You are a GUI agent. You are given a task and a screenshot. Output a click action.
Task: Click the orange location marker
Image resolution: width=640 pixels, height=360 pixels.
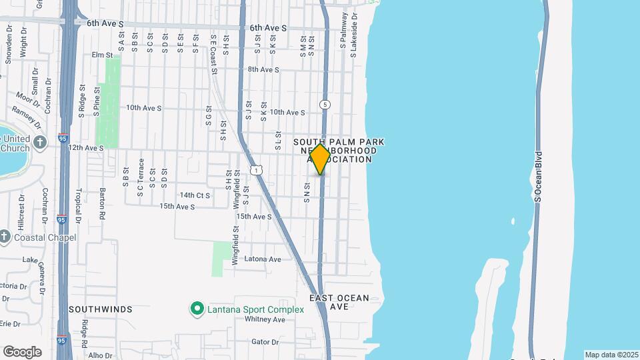click(321, 159)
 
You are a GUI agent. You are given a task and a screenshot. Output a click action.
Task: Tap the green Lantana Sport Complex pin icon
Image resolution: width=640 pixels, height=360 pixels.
click(197, 309)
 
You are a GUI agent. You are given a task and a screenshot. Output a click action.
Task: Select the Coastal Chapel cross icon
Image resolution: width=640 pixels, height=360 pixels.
click(5, 237)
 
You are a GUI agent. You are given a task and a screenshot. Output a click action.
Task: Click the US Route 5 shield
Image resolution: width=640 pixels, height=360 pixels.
click(325, 105)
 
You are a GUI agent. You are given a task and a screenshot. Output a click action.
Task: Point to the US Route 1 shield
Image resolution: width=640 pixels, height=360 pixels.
click(257, 171)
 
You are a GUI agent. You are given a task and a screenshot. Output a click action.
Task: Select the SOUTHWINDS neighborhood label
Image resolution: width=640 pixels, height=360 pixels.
click(100, 309)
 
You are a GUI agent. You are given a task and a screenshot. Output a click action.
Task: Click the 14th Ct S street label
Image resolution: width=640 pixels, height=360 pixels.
click(195, 195)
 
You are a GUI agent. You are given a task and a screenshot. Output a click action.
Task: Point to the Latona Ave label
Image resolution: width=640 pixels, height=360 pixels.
click(263, 259)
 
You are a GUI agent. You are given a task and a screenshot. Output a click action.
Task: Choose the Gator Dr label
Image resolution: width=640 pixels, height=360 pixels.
click(265, 342)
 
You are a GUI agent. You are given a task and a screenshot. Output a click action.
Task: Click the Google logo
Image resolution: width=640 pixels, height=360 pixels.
click(22, 352)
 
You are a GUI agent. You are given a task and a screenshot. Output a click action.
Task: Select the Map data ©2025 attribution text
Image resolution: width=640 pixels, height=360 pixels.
click(611, 355)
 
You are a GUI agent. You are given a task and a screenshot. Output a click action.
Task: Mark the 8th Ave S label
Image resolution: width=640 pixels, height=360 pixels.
click(263, 69)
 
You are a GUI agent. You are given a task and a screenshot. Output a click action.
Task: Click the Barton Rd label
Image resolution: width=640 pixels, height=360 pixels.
click(103, 207)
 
